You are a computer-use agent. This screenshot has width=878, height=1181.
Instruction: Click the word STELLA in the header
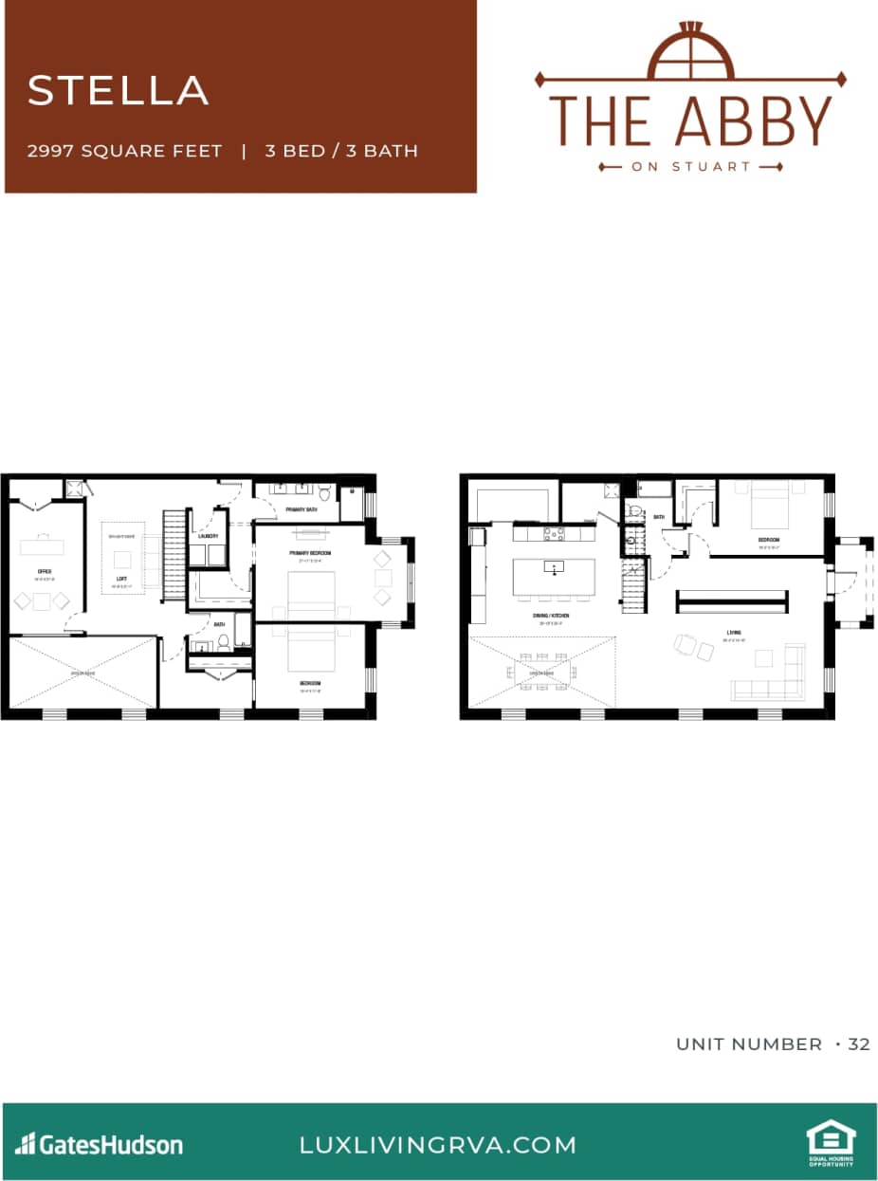click(x=118, y=90)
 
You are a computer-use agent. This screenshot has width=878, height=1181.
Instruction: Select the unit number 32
click(x=859, y=1043)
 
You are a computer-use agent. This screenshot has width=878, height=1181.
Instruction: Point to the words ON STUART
click(x=690, y=166)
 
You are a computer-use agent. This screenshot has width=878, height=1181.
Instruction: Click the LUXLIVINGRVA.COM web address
click(x=437, y=1144)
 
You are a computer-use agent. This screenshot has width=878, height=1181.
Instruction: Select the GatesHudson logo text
click(x=100, y=1144)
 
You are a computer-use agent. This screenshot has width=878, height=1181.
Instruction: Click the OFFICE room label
click(x=45, y=571)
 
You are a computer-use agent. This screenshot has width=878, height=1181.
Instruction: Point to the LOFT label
click(x=121, y=578)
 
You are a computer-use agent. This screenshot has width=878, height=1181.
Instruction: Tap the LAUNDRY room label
click(x=209, y=537)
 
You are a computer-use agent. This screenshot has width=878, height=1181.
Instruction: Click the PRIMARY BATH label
click(x=301, y=509)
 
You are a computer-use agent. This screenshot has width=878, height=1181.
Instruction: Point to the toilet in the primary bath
click(x=324, y=493)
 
